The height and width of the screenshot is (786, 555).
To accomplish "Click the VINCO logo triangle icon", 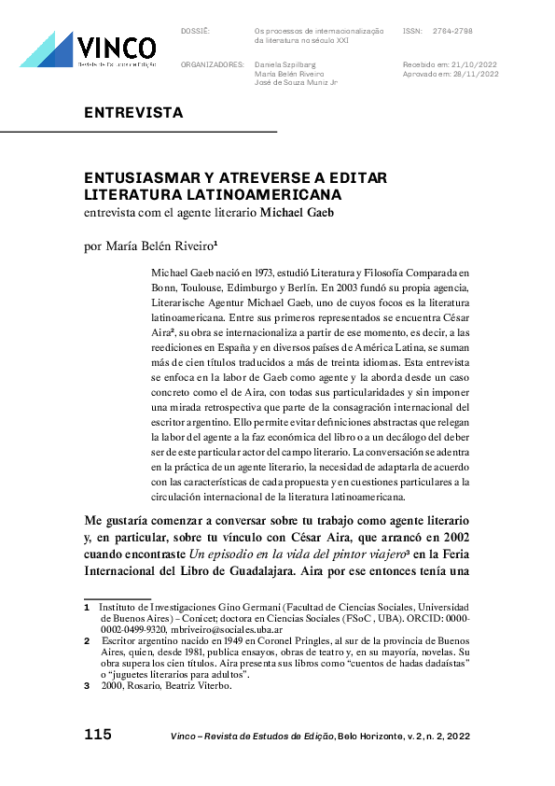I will [47, 50].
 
